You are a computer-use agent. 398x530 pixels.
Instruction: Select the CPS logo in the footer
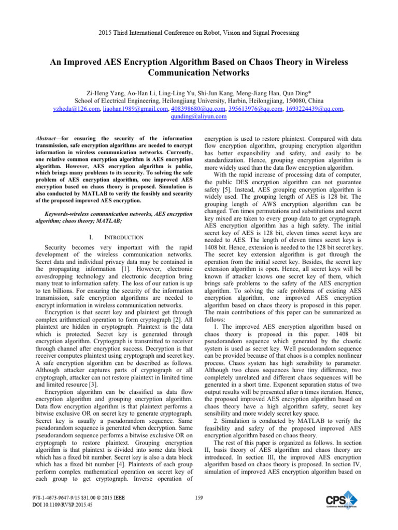(342, 504)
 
